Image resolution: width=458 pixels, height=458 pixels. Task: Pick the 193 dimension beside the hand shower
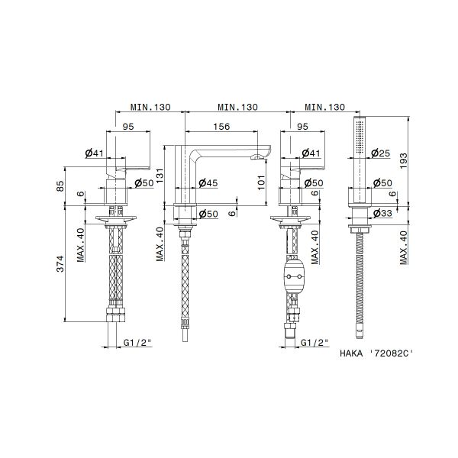click(x=404, y=158)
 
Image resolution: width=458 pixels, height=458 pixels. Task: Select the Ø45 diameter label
click(x=208, y=182)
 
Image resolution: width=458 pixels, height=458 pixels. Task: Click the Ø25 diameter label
click(x=381, y=153)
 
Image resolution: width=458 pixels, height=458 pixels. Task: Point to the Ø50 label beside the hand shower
click(x=381, y=182)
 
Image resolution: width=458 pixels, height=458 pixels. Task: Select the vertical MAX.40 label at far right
click(x=404, y=245)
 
